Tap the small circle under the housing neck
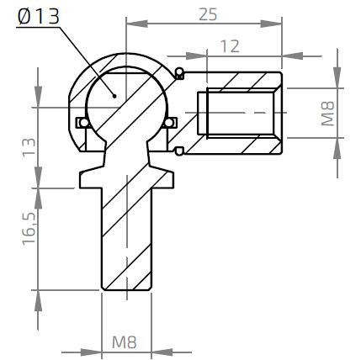coord(180,151)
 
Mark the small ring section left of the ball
coord(81,122)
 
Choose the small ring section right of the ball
coord(171,123)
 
